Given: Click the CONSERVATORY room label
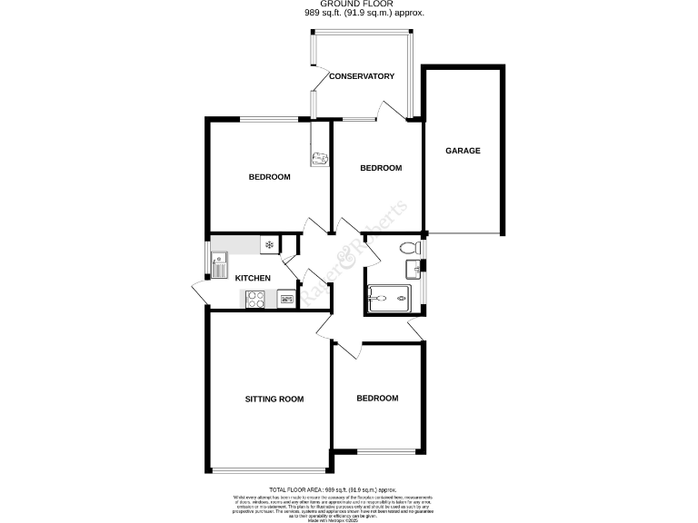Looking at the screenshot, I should coord(362,76).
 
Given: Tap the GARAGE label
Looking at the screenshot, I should coord(462,151).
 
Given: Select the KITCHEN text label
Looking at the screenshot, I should coord(253,278).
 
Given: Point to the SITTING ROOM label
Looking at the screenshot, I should coord(274,399).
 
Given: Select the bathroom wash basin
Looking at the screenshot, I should coord(414,267).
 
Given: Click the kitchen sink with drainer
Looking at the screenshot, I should coord(220,267).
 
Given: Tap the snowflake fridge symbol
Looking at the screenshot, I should coord(269,243).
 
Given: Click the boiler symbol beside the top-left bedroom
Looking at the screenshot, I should coord(319,159).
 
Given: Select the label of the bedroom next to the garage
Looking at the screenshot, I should coord(381,168).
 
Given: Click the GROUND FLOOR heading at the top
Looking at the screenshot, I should coord(364,5).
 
